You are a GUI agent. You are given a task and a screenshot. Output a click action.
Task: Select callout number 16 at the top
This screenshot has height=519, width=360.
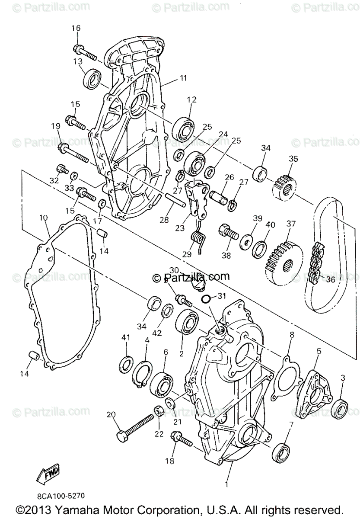click(76, 28)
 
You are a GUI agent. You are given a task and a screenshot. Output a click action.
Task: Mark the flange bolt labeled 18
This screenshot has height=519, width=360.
click(182, 439)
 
